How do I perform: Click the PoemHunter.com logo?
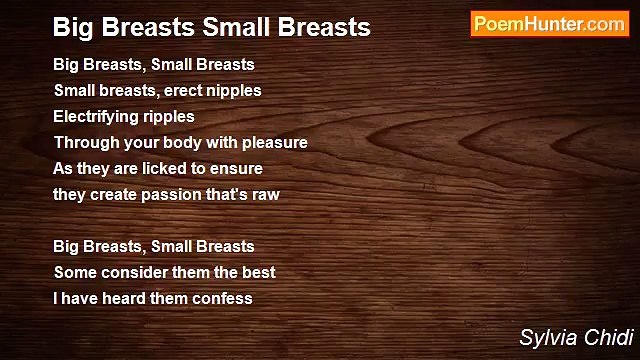tap(549, 24)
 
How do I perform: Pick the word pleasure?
tap(274, 142)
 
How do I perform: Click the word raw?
tap(265, 194)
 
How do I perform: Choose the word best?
tap(257, 272)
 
